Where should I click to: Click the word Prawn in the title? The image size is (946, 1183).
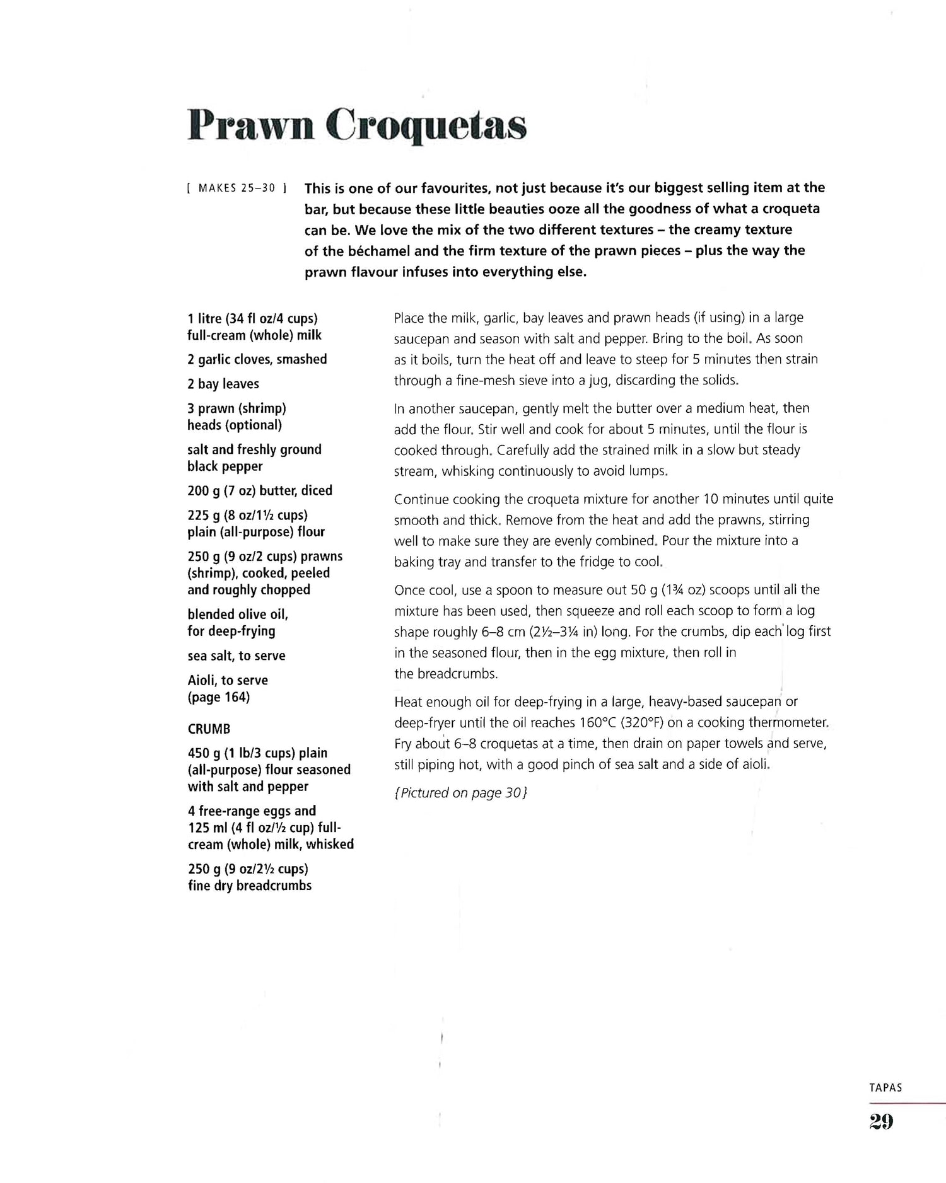pos(251,126)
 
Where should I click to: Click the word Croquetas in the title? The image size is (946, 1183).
pos(429,126)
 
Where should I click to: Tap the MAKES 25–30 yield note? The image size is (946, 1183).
pos(237,188)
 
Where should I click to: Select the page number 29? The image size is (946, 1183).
pos(881,1121)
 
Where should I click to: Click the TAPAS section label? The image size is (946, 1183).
pos(885,1087)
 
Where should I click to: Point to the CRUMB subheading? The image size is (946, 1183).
pos(209,729)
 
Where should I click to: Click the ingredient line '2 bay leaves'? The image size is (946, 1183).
pos(223,384)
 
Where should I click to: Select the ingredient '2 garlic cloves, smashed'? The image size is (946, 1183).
pos(257,359)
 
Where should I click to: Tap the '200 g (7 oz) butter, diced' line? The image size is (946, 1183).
pos(259,490)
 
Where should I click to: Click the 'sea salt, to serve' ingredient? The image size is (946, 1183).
pos(237,655)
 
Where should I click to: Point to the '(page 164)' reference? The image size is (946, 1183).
pos(218,697)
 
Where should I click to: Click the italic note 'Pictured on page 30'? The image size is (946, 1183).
pos(460,793)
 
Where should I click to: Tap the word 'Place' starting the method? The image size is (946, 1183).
pos(410,318)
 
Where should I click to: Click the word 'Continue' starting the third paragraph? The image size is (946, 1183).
pos(419,499)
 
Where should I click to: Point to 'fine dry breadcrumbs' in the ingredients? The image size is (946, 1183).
pos(250,886)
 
